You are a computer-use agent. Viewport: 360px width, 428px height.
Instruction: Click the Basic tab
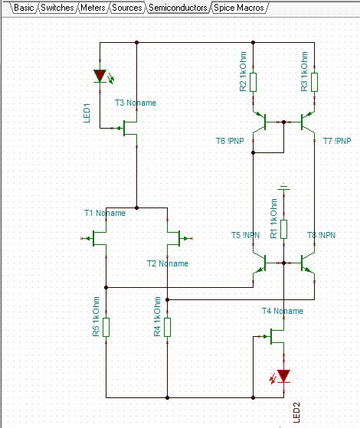point(24,8)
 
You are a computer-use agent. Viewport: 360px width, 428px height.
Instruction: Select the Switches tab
point(57,8)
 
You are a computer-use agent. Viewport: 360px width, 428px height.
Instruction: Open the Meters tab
point(93,8)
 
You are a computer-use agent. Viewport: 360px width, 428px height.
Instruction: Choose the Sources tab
point(127,8)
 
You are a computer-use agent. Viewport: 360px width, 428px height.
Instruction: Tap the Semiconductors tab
point(178,8)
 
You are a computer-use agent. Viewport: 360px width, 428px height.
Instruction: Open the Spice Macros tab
point(239,8)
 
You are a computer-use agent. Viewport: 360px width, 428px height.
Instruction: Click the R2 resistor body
point(254,82)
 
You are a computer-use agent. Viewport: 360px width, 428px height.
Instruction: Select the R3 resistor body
point(314,82)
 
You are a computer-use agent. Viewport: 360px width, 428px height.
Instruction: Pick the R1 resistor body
point(284,229)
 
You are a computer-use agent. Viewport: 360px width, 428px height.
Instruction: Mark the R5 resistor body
point(106,327)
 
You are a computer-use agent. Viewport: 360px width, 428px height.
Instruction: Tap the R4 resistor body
point(168,327)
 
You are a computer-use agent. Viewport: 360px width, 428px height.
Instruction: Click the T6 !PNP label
point(230,141)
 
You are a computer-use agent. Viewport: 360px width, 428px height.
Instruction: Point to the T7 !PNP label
point(337,141)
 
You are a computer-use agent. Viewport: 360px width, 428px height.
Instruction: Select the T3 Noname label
point(136,103)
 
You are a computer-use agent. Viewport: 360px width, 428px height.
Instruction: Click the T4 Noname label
point(283,311)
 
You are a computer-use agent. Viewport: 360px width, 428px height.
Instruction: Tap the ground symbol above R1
point(284,188)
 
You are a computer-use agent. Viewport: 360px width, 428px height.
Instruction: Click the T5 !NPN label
point(245,235)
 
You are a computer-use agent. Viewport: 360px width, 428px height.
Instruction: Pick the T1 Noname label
point(105,213)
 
